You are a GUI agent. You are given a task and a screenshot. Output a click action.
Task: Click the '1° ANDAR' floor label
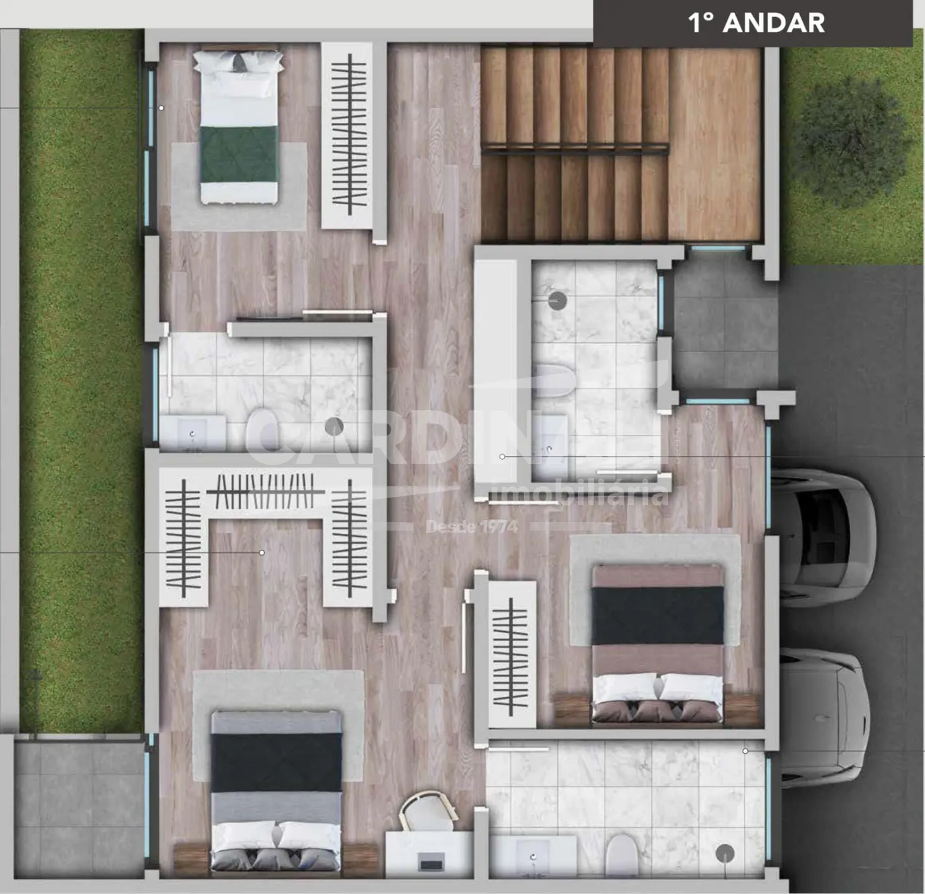pyautogui.click(x=757, y=23)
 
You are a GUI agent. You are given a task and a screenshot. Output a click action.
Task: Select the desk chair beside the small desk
pyautogui.click(x=428, y=812)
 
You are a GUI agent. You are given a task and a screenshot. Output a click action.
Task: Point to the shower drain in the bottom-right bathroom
pyautogui.click(x=725, y=853)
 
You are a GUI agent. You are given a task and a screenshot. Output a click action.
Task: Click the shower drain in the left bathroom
pyautogui.click(x=334, y=426)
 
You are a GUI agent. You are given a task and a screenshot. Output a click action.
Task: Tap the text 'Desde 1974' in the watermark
pyautogui.click(x=472, y=527)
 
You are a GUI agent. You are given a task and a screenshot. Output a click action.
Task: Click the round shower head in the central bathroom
pyautogui.click(x=558, y=301)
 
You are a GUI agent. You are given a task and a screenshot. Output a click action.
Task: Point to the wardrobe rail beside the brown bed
pyautogui.click(x=511, y=655)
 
